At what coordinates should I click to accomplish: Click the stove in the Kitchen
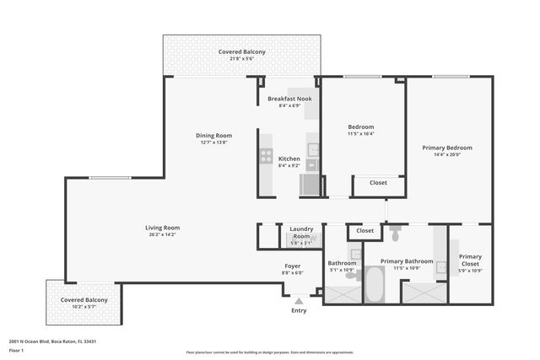266,156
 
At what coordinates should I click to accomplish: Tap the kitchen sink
313,150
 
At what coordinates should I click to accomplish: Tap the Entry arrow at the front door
298,300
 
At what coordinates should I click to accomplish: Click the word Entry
299,310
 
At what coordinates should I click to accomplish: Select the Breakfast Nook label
289,99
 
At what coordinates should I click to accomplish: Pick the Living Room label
162,228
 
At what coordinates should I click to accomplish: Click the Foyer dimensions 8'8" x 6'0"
293,273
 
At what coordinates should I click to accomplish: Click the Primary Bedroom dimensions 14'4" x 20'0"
447,155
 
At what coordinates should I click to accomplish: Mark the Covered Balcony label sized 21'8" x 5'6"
242,51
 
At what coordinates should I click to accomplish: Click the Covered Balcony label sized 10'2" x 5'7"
84,300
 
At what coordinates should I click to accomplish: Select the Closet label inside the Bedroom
378,182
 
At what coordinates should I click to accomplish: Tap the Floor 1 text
17,350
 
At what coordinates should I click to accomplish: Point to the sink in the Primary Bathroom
440,267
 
